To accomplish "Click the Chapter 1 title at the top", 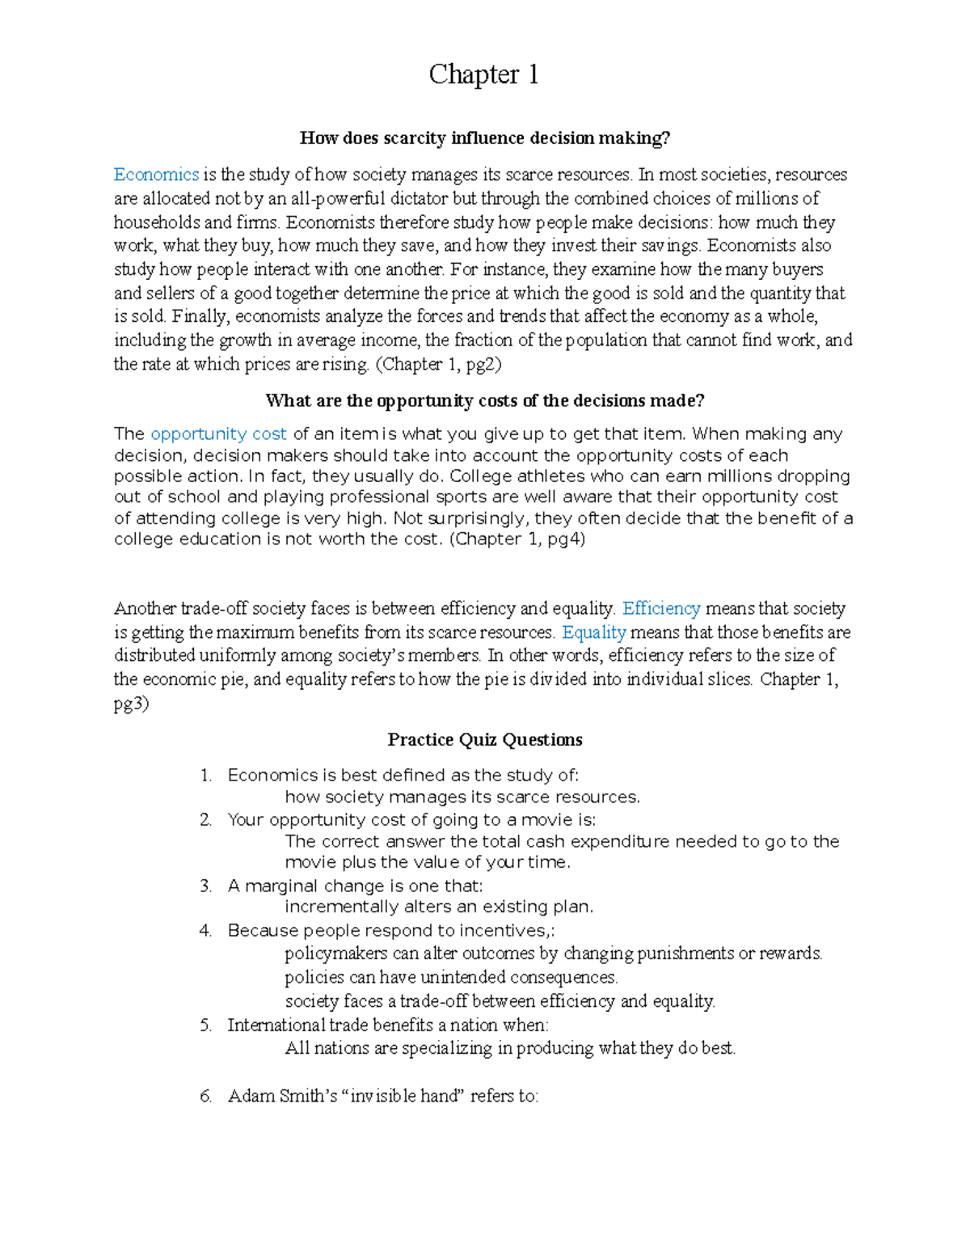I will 483,74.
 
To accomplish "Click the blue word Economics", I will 156,175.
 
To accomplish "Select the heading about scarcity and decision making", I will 485,138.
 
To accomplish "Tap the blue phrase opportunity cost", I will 218,434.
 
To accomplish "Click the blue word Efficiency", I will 661,608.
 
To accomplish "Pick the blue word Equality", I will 594,632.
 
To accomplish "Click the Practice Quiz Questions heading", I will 485,739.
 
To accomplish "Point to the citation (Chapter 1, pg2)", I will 439,365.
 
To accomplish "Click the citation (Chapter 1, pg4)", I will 517,539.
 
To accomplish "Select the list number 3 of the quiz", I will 205,886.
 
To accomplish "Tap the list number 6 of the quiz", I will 205,1097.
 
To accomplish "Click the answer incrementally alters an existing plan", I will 439,907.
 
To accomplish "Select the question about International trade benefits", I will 388,1026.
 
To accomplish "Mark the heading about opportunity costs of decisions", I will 485,401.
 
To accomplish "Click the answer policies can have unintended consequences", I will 451,978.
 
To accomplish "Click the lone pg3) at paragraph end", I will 131,704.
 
